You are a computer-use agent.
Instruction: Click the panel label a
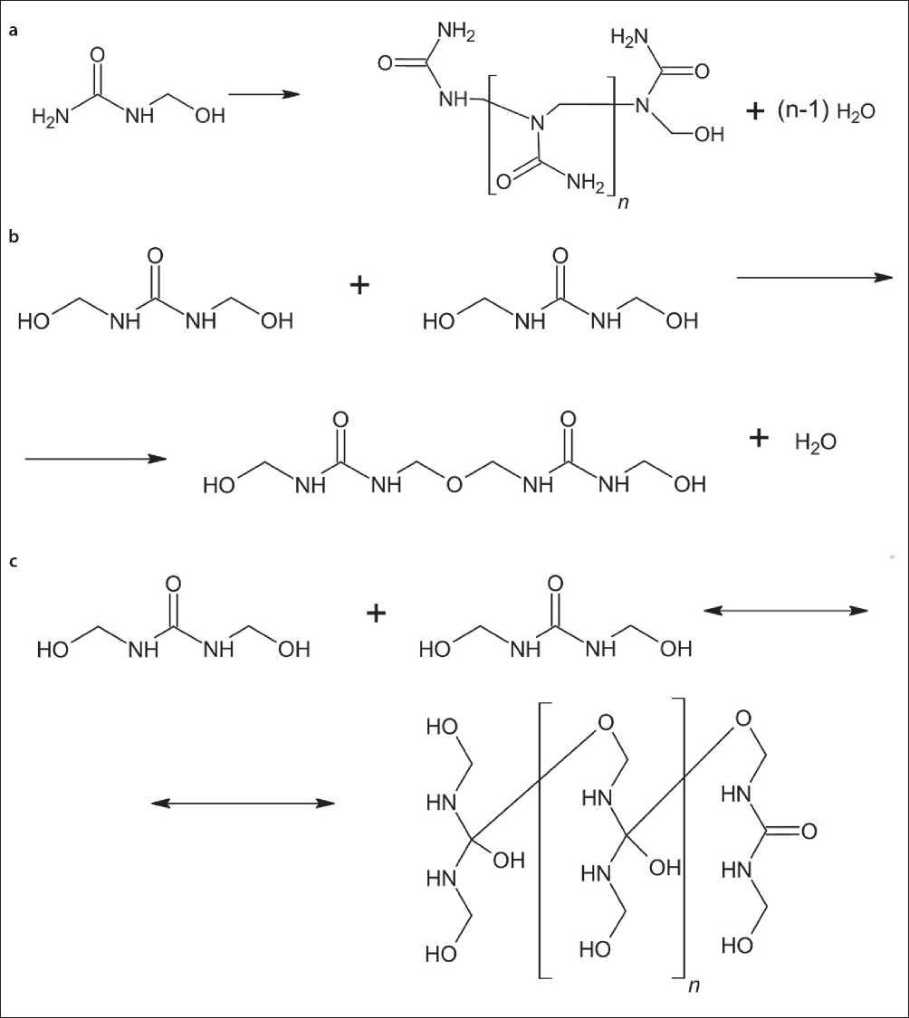[13, 31]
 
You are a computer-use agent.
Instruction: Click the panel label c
[13, 561]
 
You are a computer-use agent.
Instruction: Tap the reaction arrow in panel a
[263, 93]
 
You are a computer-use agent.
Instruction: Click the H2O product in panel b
[815, 442]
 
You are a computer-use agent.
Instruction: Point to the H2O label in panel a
[856, 137]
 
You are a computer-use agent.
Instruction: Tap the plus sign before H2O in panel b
[759, 439]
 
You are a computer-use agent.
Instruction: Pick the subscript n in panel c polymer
[693, 984]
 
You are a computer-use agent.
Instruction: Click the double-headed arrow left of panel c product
[242, 803]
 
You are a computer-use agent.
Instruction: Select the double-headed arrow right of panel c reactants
[785, 612]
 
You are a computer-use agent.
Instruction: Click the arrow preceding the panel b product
[95, 459]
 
